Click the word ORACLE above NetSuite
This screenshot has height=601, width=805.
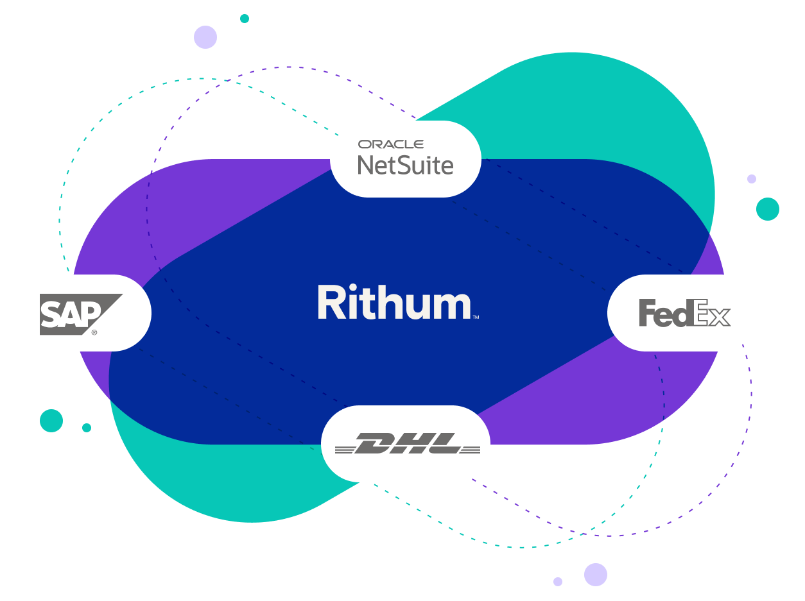[x=390, y=144]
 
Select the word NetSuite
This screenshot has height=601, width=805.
[x=405, y=165]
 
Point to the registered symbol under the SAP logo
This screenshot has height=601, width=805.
[x=94, y=332]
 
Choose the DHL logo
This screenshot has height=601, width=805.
[x=406, y=444]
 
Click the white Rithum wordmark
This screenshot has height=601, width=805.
[x=395, y=303]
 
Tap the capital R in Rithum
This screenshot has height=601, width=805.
[x=331, y=303]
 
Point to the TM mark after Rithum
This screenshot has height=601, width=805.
[x=476, y=317]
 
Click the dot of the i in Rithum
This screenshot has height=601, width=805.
[x=361, y=289]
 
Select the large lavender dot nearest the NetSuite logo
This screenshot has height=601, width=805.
[x=205, y=37]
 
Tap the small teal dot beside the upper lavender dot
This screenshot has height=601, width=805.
[x=245, y=19]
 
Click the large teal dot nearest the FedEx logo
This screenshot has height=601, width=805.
[x=768, y=209]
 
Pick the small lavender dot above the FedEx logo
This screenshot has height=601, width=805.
[x=752, y=179]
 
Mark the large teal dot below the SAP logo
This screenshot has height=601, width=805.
[x=51, y=421]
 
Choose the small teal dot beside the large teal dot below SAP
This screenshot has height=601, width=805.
[x=87, y=428]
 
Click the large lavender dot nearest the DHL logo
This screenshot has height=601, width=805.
[x=596, y=575]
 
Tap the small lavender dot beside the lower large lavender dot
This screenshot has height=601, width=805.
[x=558, y=582]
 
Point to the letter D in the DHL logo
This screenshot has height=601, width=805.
[x=373, y=443]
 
